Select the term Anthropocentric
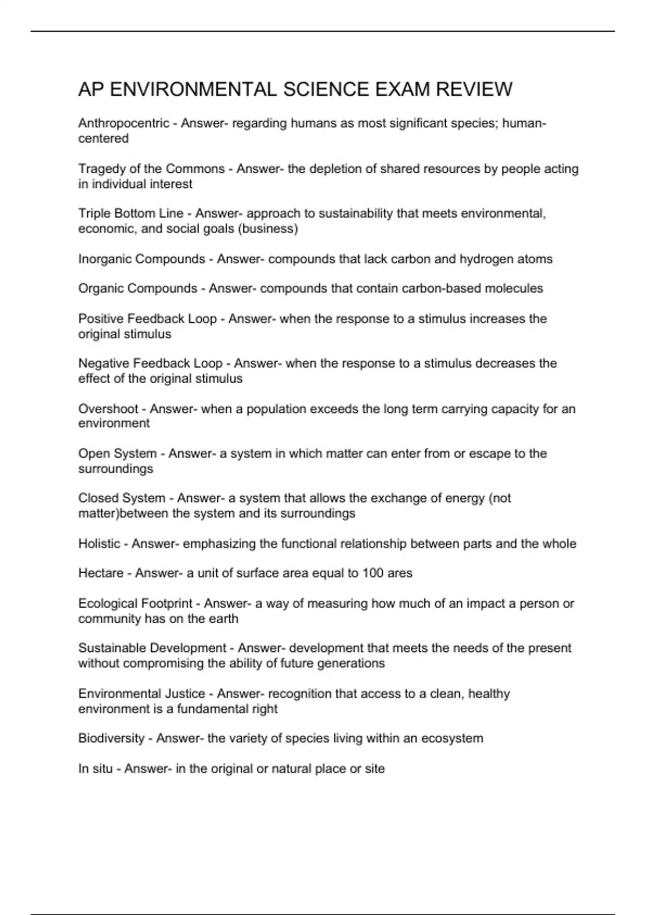click(x=124, y=123)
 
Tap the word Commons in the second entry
click(x=195, y=169)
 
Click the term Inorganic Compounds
click(x=142, y=259)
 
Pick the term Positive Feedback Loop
click(x=147, y=319)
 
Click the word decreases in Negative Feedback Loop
click(x=481, y=363)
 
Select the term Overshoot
click(x=108, y=409)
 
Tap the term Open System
click(x=117, y=454)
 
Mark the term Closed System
click(x=122, y=498)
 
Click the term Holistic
click(x=99, y=544)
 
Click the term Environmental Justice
click(x=142, y=694)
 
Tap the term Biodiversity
click(x=111, y=738)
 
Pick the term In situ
click(x=95, y=769)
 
